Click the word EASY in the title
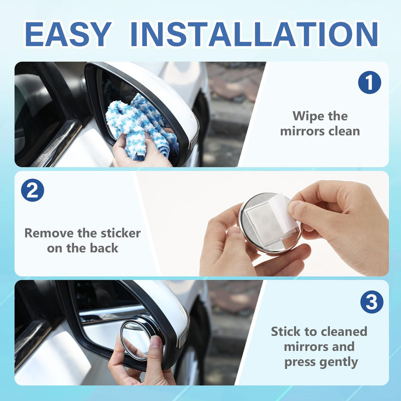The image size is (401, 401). pyautogui.click(x=68, y=34)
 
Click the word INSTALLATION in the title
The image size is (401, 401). pyautogui.click(x=254, y=34)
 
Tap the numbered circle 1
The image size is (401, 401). pyautogui.click(x=369, y=82)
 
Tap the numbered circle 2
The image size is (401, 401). pyautogui.click(x=33, y=190)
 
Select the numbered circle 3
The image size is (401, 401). pyautogui.click(x=371, y=302)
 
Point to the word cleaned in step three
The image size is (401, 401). pyautogui.click(x=342, y=331)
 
